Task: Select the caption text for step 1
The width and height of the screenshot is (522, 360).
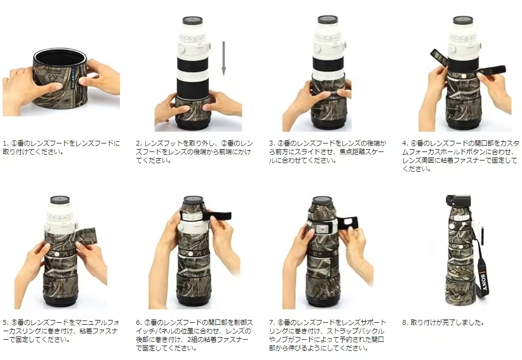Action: (61, 147)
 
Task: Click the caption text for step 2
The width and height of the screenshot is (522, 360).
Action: (195, 151)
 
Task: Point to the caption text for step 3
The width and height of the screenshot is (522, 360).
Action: (328, 151)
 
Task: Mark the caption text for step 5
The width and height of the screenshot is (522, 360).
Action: (61, 331)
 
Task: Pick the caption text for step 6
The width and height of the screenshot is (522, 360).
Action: (195, 335)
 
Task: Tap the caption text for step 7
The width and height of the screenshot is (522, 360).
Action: (328, 335)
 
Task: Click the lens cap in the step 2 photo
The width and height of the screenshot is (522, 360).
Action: (192, 20)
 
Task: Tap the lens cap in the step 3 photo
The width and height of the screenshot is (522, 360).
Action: (327, 20)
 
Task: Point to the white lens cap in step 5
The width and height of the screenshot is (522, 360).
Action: (60, 200)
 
